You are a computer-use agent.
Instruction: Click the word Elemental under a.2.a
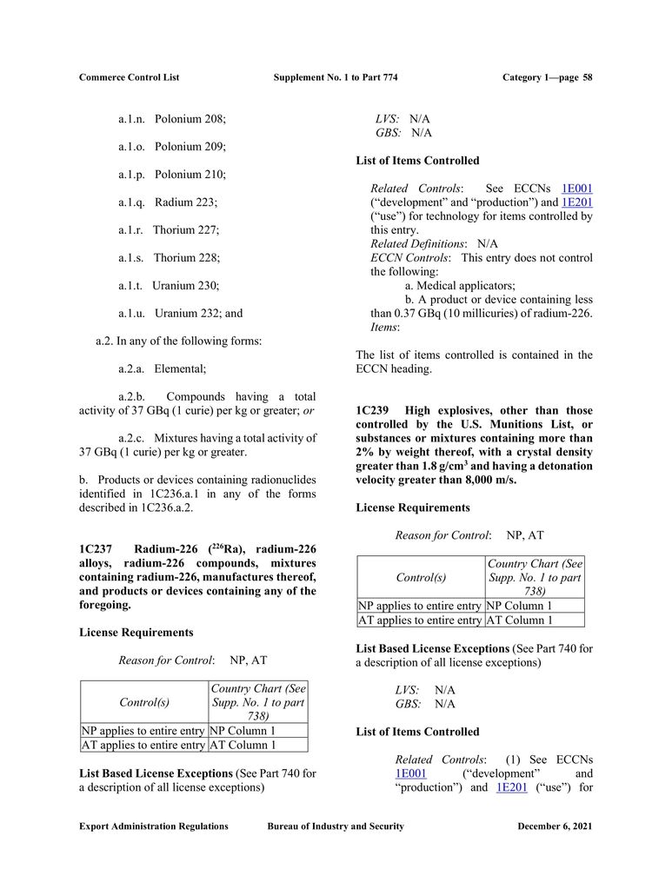pyautogui.click(x=180, y=369)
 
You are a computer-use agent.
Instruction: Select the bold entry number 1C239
pyautogui.click(x=373, y=410)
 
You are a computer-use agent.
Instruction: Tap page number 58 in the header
pyautogui.click(x=588, y=77)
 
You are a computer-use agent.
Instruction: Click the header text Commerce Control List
pyautogui.click(x=129, y=77)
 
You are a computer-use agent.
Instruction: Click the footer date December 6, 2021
pyautogui.click(x=555, y=826)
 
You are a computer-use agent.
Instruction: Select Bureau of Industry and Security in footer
pyautogui.click(x=336, y=826)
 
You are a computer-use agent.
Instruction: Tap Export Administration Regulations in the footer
pyautogui.click(x=154, y=826)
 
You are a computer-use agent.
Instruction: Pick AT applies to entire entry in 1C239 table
pyautogui.click(x=420, y=620)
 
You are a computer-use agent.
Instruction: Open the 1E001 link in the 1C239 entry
pyautogui.click(x=409, y=773)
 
